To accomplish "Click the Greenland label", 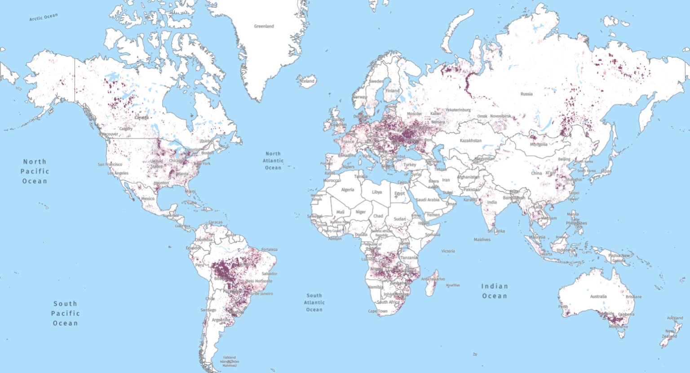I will pyautogui.click(x=264, y=26).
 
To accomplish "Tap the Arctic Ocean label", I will pyautogui.click(x=44, y=18).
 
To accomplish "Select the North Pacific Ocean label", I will pyautogui.click(x=35, y=171).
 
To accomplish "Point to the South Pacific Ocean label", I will pyautogui.click(x=66, y=314).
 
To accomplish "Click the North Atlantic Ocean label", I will pyautogui.click(x=273, y=161).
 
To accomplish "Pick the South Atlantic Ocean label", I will pyautogui.click(x=314, y=302).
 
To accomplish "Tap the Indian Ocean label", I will pyautogui.click(x=495, y=291).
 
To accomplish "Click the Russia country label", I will pyautogui.click(x=526, y=94).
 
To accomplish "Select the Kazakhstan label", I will pyautogui.click(x=470, y=141).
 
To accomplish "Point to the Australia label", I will pyautogui.click(x=598, y=297).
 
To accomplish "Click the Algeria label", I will pyautogui.click(x=347, y=189).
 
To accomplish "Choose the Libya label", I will pyautogui.click(x=377, y=192).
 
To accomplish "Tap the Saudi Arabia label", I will pyautogui.click(x=427, y=200).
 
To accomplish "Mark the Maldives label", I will pyautogui.click(x=482, y=240).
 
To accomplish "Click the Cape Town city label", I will pyautogui.click(x=377, y=311).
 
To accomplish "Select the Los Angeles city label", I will pyautogui.click(x=118, y=173).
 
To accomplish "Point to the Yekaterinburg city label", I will pyautogui.click(x=458, y=110).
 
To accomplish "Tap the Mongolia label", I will pyautogui.click(x=539, y=144).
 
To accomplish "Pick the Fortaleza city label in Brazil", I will pyautogui.click(x=269, y=249).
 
